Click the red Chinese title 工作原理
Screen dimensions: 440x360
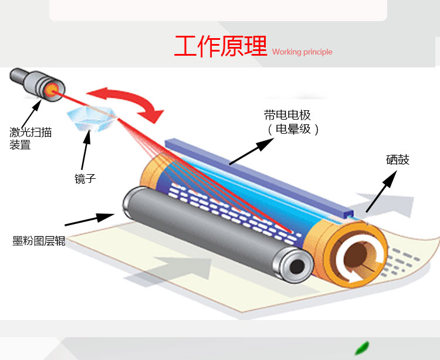coord(220,46)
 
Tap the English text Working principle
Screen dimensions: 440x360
coord(302,52)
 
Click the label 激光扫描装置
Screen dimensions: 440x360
coord(31,138)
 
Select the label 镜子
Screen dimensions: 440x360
coord(85,179)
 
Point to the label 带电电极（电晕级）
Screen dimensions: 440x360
coord(292,122)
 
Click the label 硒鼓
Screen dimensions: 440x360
coord(398,160)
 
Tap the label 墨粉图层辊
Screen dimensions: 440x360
coord(39,241)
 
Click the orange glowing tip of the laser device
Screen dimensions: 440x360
coord(51,90)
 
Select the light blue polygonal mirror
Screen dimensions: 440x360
coord(92,119)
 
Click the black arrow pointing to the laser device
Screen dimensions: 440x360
coord(32,114)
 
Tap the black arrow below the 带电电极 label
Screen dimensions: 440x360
coord(251,152)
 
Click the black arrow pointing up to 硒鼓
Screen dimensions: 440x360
coord(382,192)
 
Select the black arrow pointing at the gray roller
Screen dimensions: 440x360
coord(90,219)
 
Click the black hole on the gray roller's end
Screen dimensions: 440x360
coord(297,266)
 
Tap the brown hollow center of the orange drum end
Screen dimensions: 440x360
coord(356,254)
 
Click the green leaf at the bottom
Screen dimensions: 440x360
coord(362,348)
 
